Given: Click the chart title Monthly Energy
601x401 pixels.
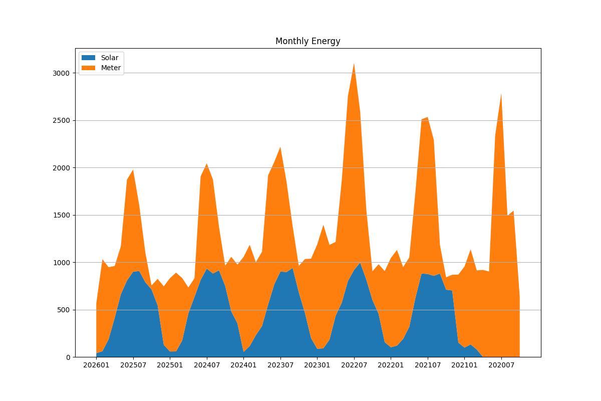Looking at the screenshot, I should (308, 42).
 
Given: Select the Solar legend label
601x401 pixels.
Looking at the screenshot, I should (110, 58).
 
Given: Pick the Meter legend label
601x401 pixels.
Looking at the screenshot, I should (111, 68).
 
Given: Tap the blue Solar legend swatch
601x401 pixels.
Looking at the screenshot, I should (89, 58).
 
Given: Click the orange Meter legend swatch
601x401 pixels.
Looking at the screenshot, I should (89, 68).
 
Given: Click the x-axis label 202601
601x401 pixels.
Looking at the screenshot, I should (96, 365).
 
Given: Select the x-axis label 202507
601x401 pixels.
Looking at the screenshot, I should (133, 365).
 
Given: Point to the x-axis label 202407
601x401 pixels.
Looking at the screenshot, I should (207, 365).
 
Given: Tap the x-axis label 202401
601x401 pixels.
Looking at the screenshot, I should (243, 365).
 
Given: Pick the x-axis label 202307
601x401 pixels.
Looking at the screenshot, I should (280, 365).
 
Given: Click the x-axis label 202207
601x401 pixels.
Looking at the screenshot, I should (354, 365).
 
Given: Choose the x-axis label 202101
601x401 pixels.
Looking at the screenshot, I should (464, 365).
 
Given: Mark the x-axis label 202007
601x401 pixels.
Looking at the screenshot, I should (501, 365).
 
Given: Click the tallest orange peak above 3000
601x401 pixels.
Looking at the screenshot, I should (354, 64).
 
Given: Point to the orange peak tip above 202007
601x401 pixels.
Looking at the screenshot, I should (501, 94).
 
